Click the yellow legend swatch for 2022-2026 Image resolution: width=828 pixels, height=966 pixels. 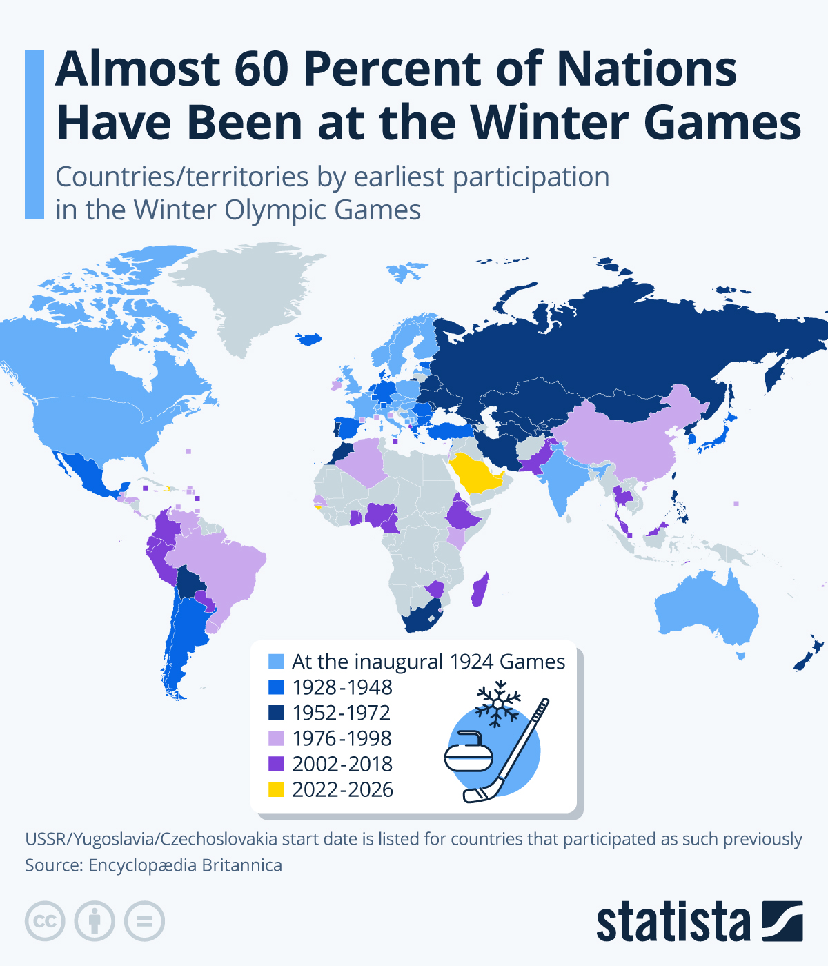276,789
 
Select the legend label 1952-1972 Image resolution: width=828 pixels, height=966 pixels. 341,713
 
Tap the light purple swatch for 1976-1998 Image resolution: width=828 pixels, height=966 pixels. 276,738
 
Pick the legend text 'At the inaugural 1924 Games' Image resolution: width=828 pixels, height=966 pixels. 428,662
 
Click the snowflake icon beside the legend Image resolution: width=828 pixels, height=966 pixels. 497,704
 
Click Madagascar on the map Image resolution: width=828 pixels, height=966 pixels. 480,590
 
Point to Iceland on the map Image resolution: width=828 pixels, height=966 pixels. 309,339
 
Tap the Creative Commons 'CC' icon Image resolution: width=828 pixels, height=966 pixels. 45,921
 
